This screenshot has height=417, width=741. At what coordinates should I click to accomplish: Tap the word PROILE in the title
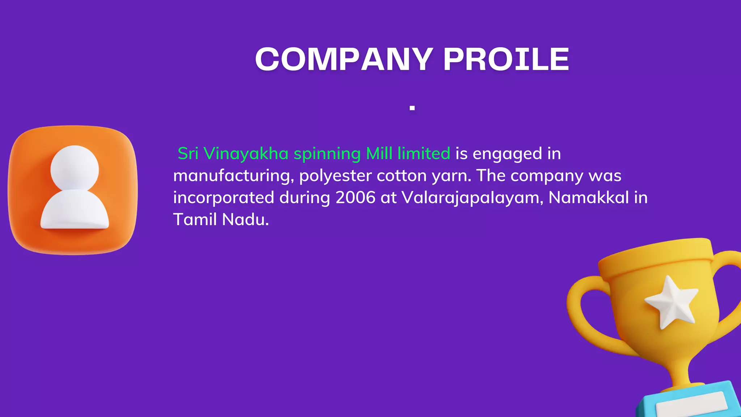pyautogui.click(x=506, y=59)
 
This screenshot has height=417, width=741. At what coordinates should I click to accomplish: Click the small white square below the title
pyautogui.click(x=412, y=108)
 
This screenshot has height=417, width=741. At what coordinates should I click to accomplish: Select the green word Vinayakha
pyautogui.click(x=246, y=154)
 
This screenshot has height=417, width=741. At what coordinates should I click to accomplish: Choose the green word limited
pyautogui.click(x=424, y=153)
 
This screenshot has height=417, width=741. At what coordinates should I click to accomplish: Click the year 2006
pyautogui.click(x=355, y=198)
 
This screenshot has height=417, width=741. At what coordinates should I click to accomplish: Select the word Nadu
pyautogui.click(x=245, y=219)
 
